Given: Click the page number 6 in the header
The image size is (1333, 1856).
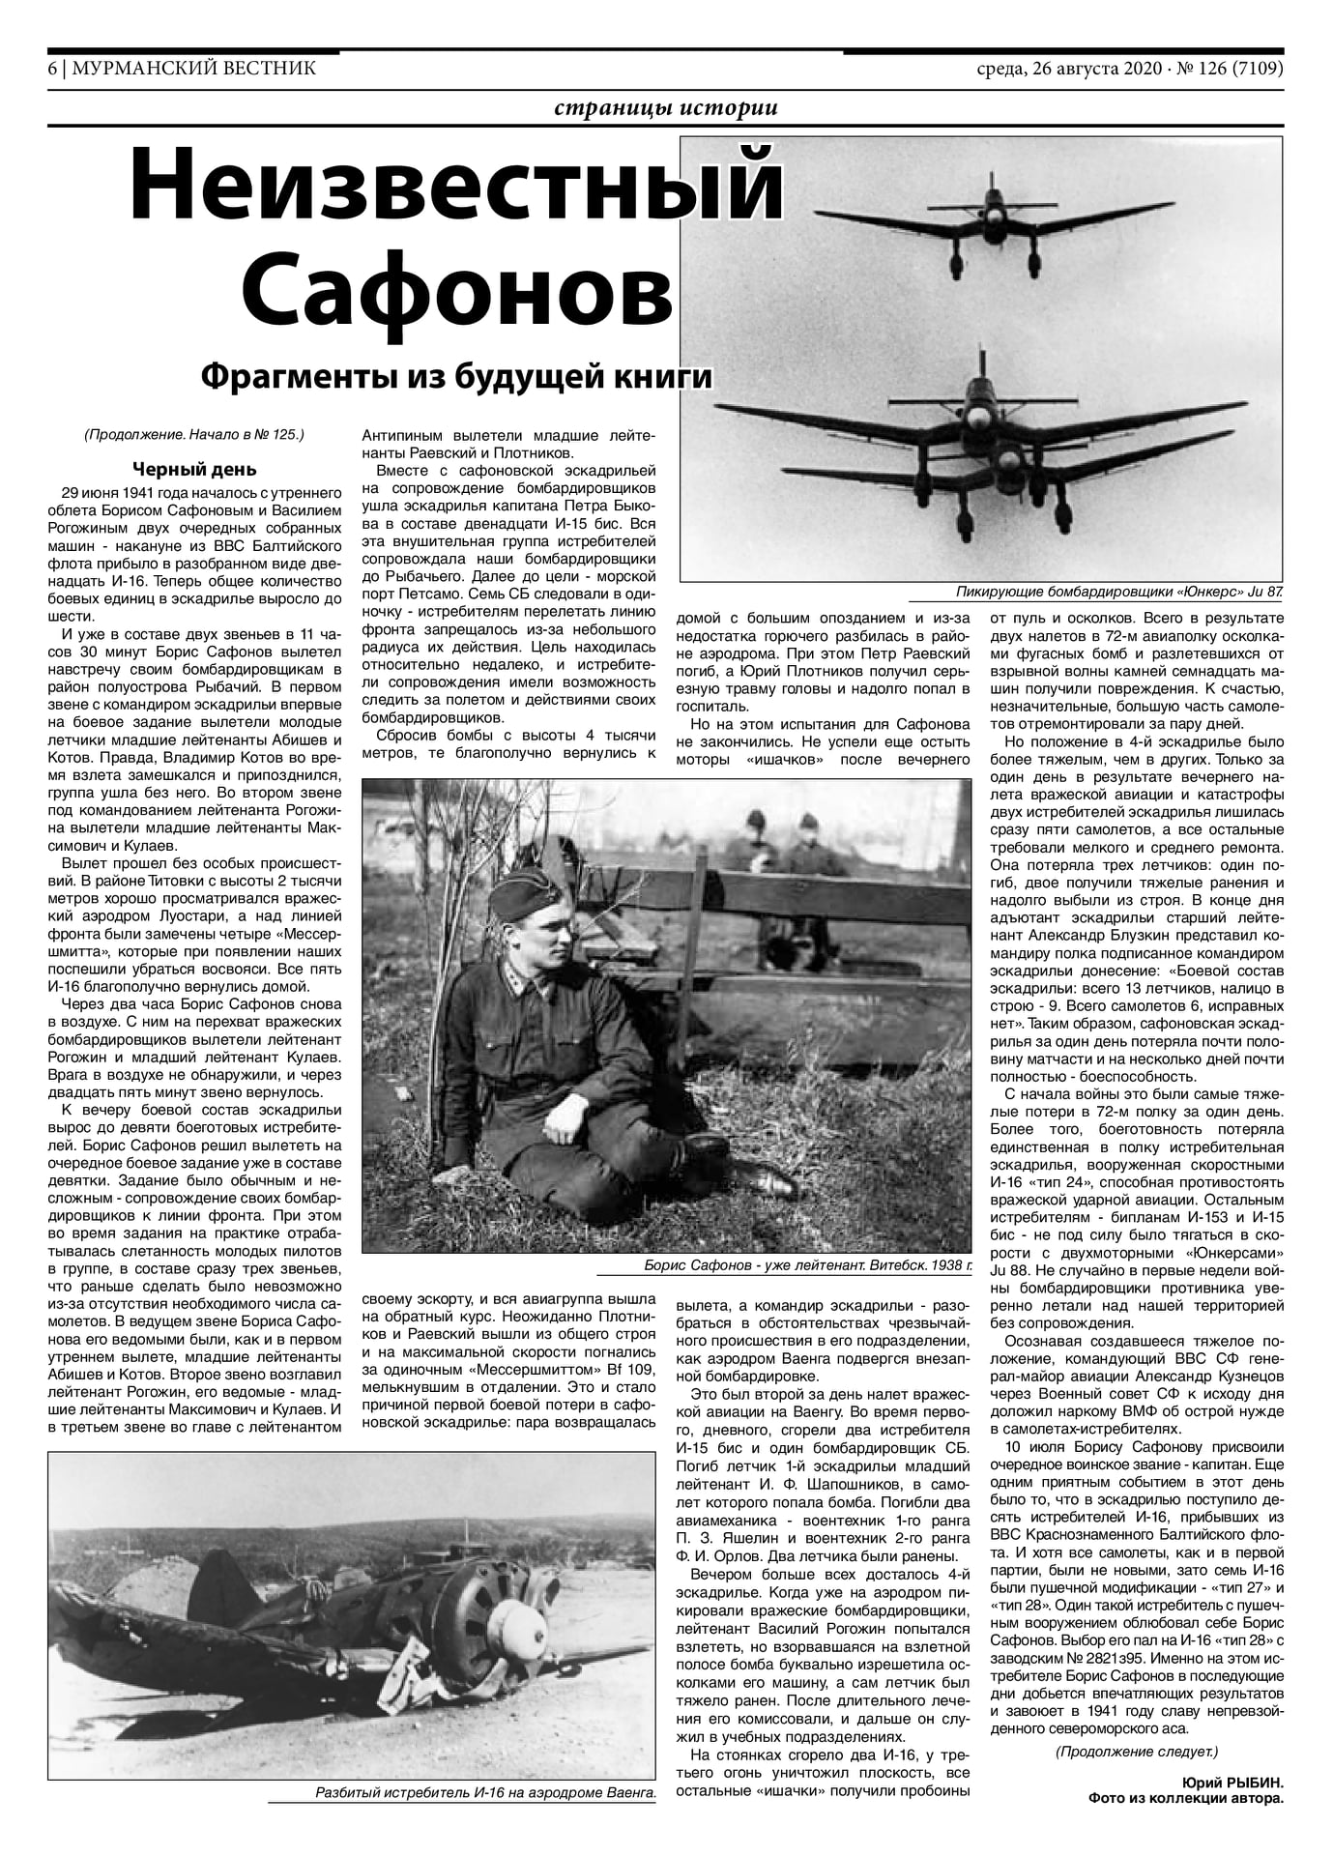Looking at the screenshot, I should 52,69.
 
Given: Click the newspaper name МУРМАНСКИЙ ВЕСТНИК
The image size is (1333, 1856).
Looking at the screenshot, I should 193,69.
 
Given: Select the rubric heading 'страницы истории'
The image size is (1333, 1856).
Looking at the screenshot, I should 666,108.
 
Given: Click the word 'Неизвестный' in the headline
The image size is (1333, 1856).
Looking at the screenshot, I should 454,185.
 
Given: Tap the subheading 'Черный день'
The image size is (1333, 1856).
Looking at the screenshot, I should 194,470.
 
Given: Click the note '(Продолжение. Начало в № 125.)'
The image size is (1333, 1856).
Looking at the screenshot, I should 194,434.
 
